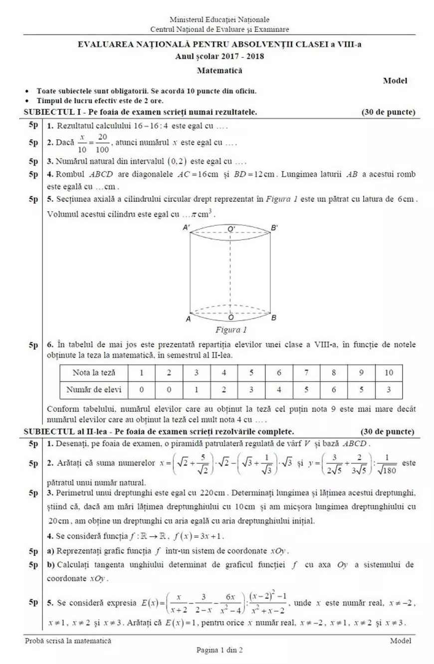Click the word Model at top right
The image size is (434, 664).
(395, 80)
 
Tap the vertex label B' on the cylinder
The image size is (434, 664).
(274, 228)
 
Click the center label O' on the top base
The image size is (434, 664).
(231, 228)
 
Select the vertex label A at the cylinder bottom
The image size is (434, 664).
(188, 318)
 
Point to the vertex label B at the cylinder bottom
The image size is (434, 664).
(273, 318)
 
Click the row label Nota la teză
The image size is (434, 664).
(94, 372)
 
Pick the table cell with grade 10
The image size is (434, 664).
(389, 372)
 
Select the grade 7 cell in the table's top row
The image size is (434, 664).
(306, 372)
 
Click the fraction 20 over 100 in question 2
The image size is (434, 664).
(103, 142)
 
